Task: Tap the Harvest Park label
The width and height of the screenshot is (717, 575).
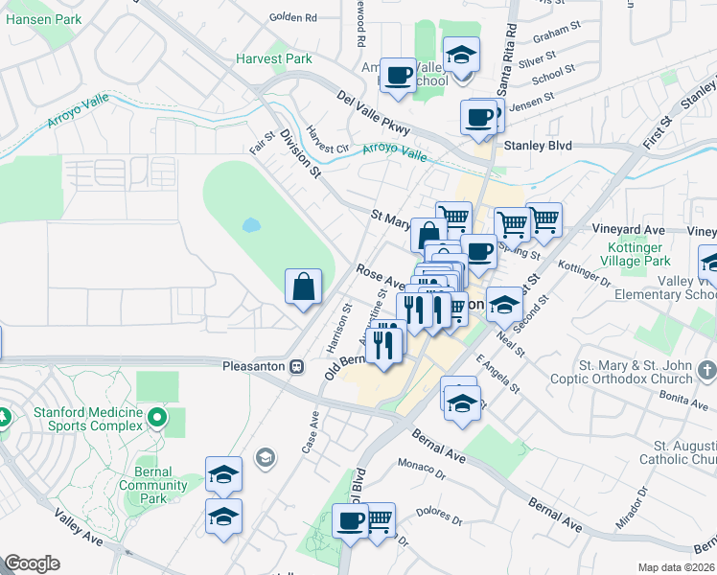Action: [x=274, y=59]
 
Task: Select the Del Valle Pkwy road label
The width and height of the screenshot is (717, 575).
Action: [x=374, y=112]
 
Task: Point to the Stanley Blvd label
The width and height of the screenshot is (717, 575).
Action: [x=537, y=146]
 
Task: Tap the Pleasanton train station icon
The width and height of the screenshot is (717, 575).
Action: [x=297, y=366]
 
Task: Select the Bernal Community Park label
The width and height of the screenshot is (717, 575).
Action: [x=147, y=485]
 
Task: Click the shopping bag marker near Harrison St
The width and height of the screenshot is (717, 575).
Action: [x=303, y=287]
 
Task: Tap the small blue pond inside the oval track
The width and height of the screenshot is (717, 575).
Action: [x=251, y=226]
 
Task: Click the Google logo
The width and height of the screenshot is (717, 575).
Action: [x=32, y=563]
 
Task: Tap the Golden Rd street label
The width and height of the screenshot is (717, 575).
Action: [x=292, y=17]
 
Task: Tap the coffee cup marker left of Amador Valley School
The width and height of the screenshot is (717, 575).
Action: [x=397, y=74]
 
